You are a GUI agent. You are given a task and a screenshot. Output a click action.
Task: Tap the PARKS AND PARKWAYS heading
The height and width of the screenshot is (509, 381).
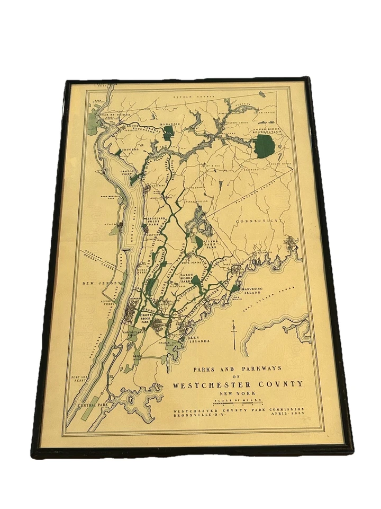(x=230, y=368)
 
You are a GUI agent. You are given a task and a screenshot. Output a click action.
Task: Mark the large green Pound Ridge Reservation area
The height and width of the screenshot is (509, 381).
(x=263, y=145)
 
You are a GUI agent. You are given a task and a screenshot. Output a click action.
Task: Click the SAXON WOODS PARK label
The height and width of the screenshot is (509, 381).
(x=185, y=273)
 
